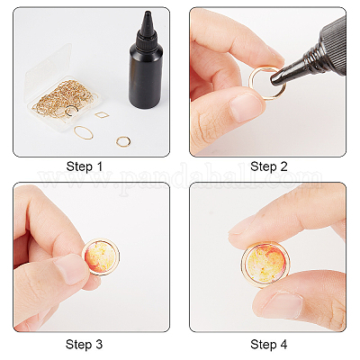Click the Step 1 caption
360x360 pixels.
click(85, 166)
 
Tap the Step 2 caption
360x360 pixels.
click(269, 166)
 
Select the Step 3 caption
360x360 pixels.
click(84, 344)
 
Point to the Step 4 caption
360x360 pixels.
click(269, 344)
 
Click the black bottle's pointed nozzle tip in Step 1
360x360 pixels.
click(148, 13)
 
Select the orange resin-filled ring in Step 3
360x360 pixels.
click(101, 257)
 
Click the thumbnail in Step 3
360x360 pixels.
click(69, 269)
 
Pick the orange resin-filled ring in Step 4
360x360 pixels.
click(265, 263)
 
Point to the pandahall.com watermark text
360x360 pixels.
click(181, 179)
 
